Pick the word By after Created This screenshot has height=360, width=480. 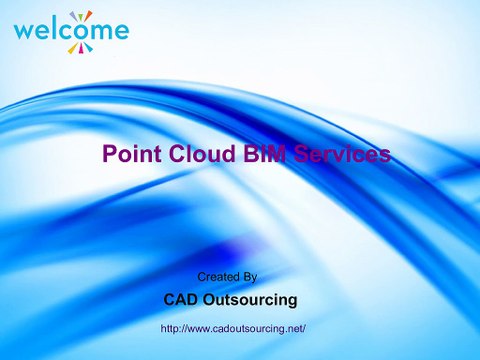pyautogui.click(x=251, y=275)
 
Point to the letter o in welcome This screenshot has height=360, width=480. pyautogui.click(x=81, y=31)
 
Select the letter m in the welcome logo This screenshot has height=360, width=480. pyautogui.click(x=101, y=31)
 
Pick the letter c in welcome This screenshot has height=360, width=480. pyautogui.click(x=65, y=31)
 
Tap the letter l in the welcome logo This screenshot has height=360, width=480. pyautogui.click(x=54, y=27)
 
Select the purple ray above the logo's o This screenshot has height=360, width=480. pyautogui.click(x=89, y=13)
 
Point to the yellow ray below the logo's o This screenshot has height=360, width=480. pyautogui.click(x=73, y=49)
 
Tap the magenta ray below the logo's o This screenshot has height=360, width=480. pyautogui.click(x=81, y=51)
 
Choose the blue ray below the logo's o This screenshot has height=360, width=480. pyautogui.click(x=88, y=49)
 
